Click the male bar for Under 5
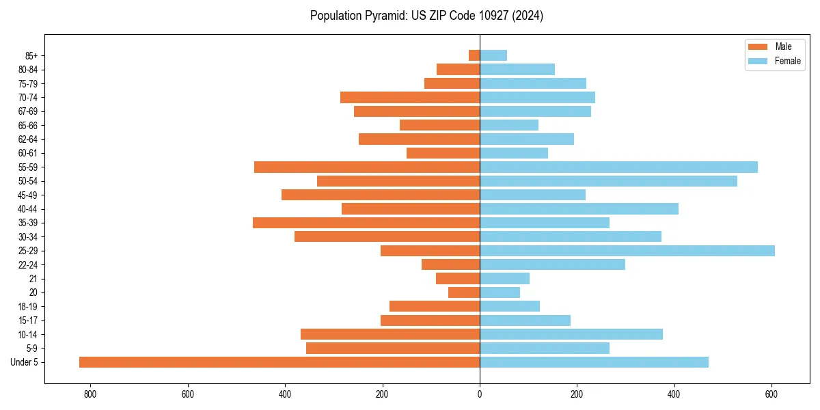[279, 362]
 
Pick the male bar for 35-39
[366, 223]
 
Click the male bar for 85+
[474, 55]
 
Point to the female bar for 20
[500, 292]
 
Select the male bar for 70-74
[410, 97]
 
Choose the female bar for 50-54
[608, 181]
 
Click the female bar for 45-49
[533, 195]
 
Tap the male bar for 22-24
[451, 264]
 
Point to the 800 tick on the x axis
[90, 394]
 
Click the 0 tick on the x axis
[480, 394]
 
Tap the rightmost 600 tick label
[771, 394]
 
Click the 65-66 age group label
[28, 125]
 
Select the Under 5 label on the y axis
[24, 362]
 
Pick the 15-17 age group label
[28, 320]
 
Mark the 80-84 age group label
[28, 69]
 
